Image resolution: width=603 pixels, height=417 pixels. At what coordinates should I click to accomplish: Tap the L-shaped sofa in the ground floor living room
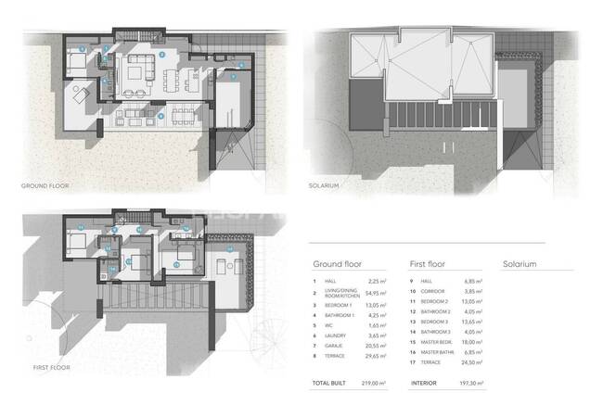142,69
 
